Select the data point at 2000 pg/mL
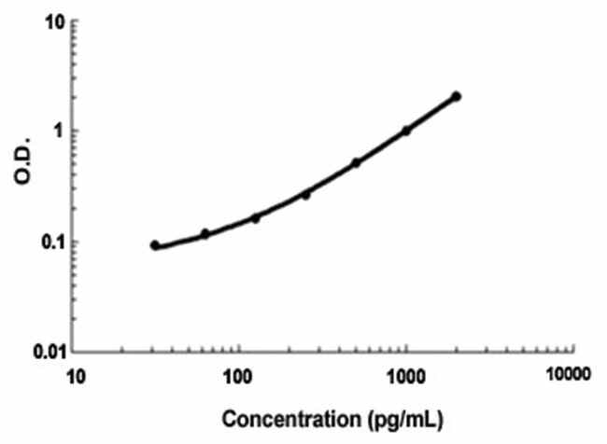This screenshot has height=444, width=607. (456, 96)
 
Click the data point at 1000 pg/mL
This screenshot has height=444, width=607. (406, 131)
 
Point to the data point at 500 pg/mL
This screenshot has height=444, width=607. (356, 163)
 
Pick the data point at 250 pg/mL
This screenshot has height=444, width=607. (305, 194)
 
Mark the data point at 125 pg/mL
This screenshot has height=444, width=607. (256, 217)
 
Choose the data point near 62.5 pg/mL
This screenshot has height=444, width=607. (205, 234)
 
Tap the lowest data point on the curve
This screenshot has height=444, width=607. (155, 245)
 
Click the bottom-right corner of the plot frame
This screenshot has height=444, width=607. (572, 352)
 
